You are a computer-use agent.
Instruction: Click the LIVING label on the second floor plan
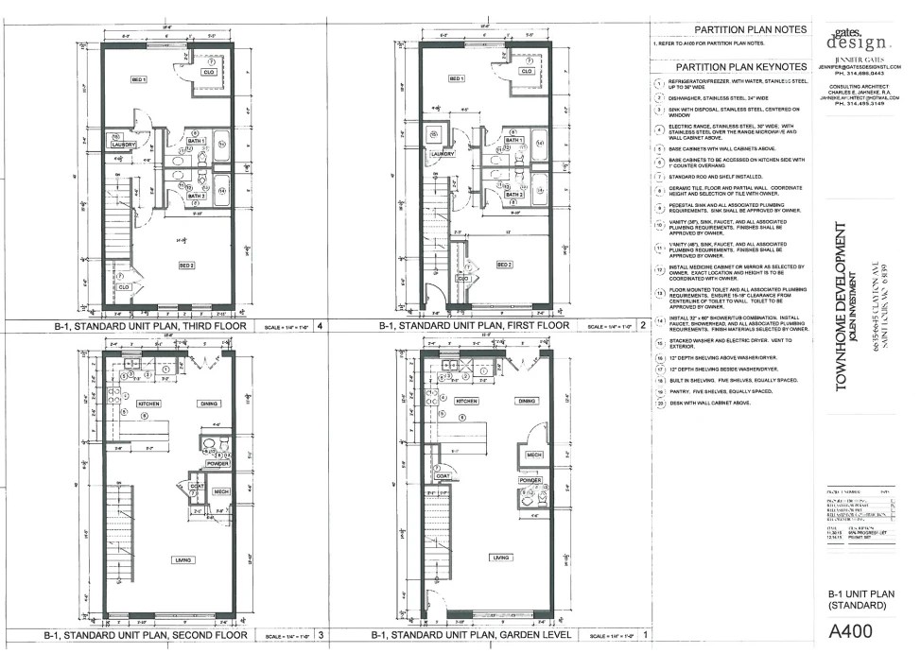(x=182, y=560)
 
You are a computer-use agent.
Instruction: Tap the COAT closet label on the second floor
(x=197, y=487)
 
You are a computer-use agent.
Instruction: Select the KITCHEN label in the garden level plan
(x=466, y=401)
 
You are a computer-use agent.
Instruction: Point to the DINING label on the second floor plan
(x=209, y=404)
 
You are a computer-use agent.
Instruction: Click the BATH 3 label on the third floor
(x=196, y=196)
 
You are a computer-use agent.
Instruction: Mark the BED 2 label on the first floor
(x=505, y=266)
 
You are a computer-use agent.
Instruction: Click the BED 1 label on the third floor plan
(x=139, y=81)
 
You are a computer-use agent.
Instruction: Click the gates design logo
(x=858, y=40)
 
